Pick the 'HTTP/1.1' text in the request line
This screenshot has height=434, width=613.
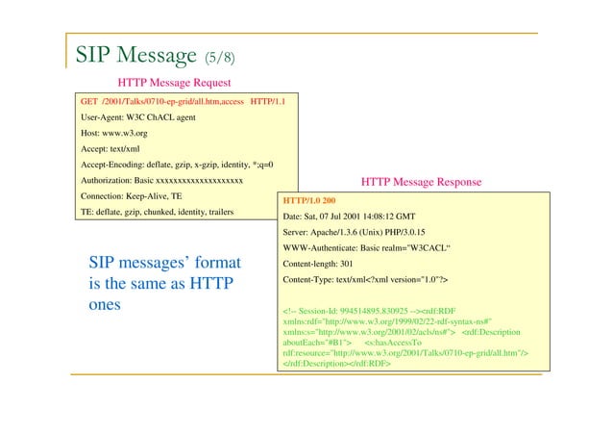tap(274, 100)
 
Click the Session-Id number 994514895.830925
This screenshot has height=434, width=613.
tap(392, 311)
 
